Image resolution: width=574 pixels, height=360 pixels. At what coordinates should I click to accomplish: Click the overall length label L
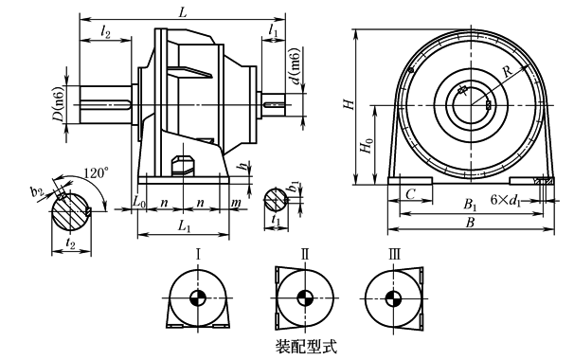point(183,12)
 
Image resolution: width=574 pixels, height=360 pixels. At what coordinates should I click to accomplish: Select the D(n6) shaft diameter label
point(59,104)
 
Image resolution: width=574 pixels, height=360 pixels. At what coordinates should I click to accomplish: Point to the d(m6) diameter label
point(296,65)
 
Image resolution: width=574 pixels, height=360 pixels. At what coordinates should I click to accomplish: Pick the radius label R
point(508,71)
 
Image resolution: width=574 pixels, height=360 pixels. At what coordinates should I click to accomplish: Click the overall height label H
point(350,104)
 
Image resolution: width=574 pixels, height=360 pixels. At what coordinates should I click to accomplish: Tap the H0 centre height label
point(367,145)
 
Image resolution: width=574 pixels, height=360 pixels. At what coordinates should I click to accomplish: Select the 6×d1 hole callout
point(506,200)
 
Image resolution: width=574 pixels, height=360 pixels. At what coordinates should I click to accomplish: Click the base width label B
point(470,222)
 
